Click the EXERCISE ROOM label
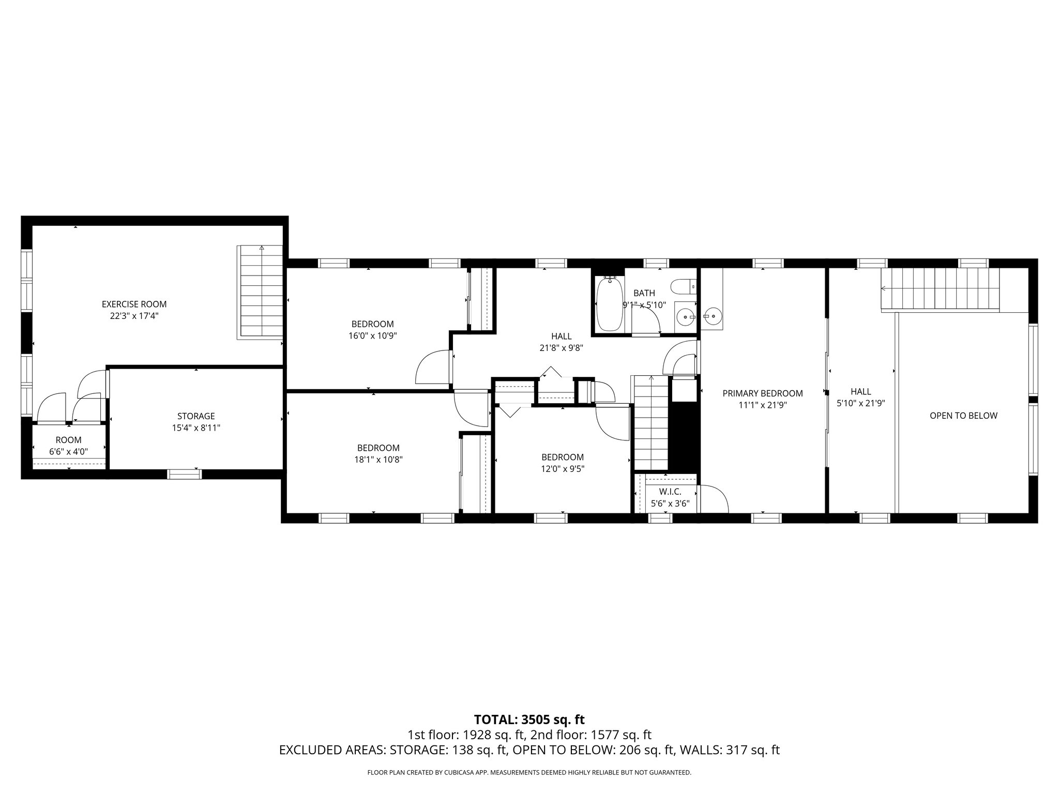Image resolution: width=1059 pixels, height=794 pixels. click(x=134, y=304)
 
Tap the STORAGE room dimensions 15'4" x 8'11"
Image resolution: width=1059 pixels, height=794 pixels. click(x=196, y=428)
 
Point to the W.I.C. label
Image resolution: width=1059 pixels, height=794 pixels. click(x=670, y=492)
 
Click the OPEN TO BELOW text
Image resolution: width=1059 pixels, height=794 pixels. click(x=963, y=416)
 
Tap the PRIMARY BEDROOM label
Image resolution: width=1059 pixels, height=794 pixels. click(x=762, y=393)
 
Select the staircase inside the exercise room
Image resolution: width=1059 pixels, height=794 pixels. click(x=261, y=292)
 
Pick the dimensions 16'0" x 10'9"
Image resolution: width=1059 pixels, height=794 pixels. click(x=372, y=335)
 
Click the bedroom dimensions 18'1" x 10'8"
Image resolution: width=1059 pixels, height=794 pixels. click(x=378, y=459)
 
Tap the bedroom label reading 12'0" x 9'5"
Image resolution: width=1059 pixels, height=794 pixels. click(x=562, y=469)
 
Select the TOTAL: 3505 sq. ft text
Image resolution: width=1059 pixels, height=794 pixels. click(x=529, y=719)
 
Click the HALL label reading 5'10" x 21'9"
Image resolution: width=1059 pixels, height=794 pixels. click(x=860, y=398)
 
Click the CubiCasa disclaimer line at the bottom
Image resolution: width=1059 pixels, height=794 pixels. click(x=529, y=773)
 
